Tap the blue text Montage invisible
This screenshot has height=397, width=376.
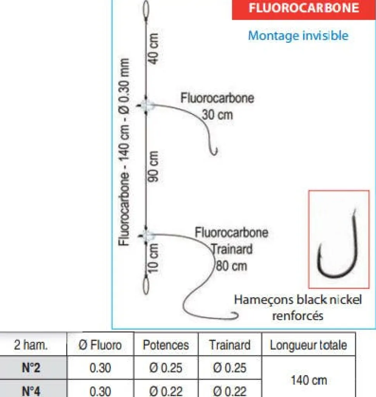[x=298, y=35]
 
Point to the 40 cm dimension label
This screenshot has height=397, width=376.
[x=154, y=48]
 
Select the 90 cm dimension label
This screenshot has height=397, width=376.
[x=154, y=167]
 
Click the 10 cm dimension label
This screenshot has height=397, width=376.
[x=153, y=258]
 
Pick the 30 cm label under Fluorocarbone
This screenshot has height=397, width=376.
[x=217, y=115]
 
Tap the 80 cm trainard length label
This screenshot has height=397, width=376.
[x=231, y=266]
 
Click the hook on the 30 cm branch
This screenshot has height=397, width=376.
[x=214, y=151]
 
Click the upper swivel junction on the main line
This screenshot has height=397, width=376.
[x=146, y=105]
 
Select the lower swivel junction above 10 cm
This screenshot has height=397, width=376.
[x=146, y=235]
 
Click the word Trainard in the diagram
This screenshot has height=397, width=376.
[x=231, y=249]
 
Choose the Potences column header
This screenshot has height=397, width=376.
[x=166, y=345]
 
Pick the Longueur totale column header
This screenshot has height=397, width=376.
[x=308, y=345]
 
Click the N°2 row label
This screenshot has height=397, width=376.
[x=31, y=367]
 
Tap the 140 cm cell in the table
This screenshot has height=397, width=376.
[x=309, y=380]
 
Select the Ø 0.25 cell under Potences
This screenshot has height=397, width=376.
[x=166, y=367]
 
